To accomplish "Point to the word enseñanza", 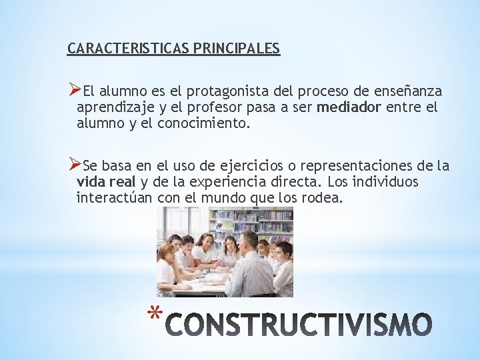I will click(409, 91).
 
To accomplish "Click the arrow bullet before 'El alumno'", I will click(75, 90).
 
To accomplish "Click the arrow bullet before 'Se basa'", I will click(75, 165).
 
